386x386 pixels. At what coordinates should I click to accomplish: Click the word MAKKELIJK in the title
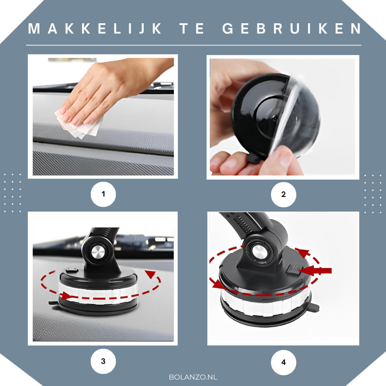(x=95, y=29)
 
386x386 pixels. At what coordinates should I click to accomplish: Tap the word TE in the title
(x=192, y=29)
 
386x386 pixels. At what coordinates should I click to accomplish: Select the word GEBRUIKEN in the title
(x=292, y=29)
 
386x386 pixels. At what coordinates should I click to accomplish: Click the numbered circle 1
(x=103, y=194)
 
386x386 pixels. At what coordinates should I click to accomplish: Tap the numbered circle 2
(x=283, y=194)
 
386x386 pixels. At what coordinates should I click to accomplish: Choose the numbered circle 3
(x=103, y=361)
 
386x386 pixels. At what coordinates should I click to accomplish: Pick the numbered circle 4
(x=283, y=362)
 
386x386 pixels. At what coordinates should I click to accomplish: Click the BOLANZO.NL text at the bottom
(x=193, y=377)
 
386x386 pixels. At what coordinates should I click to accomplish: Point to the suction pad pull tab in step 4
(x=314, y=307)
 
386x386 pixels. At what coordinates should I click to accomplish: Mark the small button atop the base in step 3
(x=72, y=270)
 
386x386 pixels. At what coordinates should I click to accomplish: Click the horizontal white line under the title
(x=193, y=45)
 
